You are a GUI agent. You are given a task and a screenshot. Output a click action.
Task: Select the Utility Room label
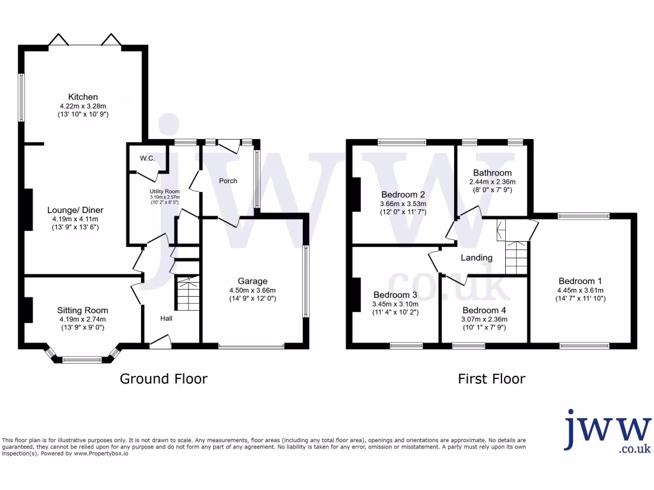pyautogui.click(x=165, y=191)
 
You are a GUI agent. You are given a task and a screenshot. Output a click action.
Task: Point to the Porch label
pyautogui.click(x=228, y=181)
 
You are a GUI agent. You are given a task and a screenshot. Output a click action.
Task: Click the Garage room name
pyautogui.click(x=252, y=281)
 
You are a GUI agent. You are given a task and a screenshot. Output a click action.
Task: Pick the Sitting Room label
pyautogui.click(x=83, y=311)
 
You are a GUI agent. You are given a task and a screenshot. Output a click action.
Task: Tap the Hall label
pyautogui.click(x=165, y=318)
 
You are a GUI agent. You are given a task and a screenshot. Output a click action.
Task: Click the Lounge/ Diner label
pyautogui.click(x=75, y=210)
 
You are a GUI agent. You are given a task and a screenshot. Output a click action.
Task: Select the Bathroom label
pyautogui.click(x=492, y=173)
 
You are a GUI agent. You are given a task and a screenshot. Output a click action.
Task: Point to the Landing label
pyautogui.click(x=476, y=258)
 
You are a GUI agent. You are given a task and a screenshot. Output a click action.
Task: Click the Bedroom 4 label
pyautogui.click(x=484, y=311)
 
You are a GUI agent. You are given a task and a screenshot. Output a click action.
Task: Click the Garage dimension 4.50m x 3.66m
pyautogui.click(x=252, y=290)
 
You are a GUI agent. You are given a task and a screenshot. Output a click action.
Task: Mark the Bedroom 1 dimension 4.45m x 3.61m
pyautogui.click(x=581, y=290)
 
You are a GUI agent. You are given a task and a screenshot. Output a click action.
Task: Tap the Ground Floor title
pyautogui.click(x=164, y=379)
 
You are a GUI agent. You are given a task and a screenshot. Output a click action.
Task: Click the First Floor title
pyautogui.click(x=491, y=379)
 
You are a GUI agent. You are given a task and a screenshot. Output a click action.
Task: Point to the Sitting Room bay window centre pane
pyautogui.click(x=82, y=360)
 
